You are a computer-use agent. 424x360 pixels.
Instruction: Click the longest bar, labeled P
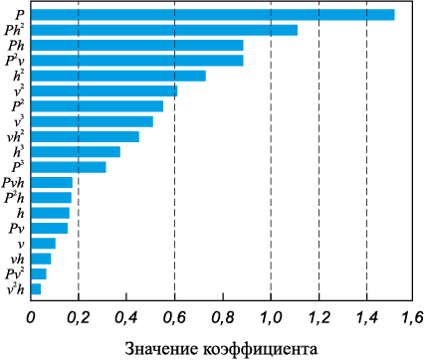(x=213, y=15)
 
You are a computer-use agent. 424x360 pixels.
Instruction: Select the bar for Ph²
(x=164, y=30)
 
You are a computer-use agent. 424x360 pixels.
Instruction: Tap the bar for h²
(x=118, y=76)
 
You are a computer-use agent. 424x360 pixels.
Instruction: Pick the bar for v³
(x=92, y=121)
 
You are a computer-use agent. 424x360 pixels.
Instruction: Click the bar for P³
(x=69, y=167)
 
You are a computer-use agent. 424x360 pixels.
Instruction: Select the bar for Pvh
(x=52, y=183)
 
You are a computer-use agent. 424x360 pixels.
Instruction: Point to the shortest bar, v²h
(x=36, y=289)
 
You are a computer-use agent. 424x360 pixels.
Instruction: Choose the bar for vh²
(x=85, y=137)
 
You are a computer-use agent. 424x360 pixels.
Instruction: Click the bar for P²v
(x=137, y=61)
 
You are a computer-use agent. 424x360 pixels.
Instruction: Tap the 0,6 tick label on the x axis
(x=174, y=317)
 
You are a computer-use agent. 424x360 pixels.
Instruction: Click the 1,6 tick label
(x=412, y=317)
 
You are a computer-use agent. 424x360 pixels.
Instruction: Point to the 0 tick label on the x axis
(x=31, y=317)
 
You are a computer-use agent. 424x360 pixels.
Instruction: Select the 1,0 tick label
(x=271, y=317)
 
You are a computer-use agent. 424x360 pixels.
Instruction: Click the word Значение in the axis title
(x=161, y=349)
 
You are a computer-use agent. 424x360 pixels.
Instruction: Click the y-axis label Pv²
(x=15, y=273)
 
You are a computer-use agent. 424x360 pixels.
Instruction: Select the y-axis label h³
(x=19, y=152)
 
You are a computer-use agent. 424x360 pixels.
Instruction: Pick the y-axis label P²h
(x=14, y=198)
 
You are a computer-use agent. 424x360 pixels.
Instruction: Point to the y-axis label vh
(x=17, y=259)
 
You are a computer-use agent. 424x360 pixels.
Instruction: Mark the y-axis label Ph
(x=16, y=46)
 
